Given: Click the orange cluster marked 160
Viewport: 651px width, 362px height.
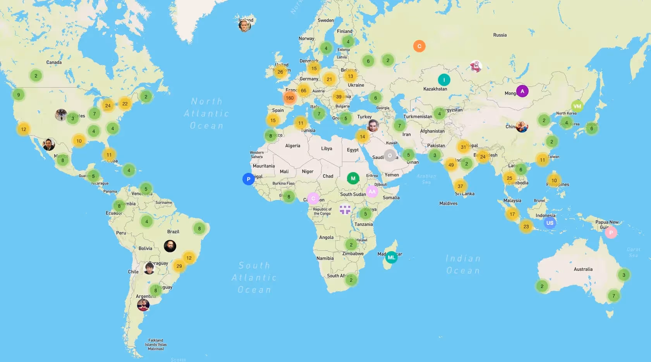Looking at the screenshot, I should [x=290, y=98].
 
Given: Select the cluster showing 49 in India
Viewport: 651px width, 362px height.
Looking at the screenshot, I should [x=451, y=165].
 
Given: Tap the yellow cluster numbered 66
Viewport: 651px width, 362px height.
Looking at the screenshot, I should [x=304, y=91].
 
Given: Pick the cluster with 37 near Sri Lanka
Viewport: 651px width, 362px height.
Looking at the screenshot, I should [x=460, y=186].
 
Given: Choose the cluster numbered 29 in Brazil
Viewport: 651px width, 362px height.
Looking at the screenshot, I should [x=179, y=266].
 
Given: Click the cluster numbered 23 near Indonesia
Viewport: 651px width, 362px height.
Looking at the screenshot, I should [x=526, y=227].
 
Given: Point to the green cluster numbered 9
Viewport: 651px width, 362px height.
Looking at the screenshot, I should [x=18, y=95].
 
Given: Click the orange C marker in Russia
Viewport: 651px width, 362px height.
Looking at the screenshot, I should [x=419, y=46].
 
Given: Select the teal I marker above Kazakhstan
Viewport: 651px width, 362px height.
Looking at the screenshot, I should [x=444, y=80].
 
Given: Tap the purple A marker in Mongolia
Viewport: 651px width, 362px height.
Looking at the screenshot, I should [x=522, y=91].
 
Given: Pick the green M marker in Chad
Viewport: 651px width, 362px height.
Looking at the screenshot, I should [x=353, y=179].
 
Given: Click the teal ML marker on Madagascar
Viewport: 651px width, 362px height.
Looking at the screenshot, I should [x=391, y=257].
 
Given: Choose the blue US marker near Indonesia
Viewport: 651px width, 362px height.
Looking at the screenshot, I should [x=550, y=223].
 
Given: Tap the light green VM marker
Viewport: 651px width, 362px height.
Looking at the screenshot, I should [x=577, y=106].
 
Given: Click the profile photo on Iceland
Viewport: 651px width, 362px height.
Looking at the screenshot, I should [x=244, y=26].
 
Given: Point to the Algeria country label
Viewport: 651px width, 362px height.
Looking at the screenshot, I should [x=292, y=146].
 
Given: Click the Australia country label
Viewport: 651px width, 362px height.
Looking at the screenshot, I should [x=583, y=269].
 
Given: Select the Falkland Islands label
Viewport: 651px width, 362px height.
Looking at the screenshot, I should [x=156, y=344].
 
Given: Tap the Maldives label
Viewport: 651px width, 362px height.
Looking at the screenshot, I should [x=448, y=203].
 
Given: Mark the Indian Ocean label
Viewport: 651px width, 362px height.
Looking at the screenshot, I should [x=463, y=264].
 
